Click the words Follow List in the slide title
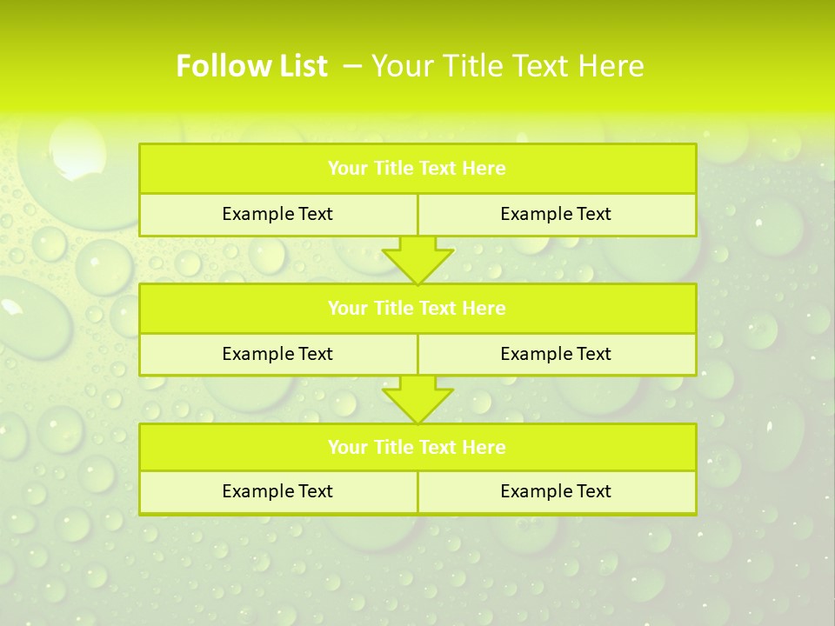pos(251,66)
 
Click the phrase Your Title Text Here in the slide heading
pos(508,66)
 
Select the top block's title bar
pos(417,169)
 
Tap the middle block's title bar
pos(417,308)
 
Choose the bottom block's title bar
pos(417,447)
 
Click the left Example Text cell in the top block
pos(277,214)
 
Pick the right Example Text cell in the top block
pos(556,214)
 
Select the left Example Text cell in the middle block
pos(277,354)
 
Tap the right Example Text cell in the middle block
pos(556,354)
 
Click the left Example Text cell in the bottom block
pos(277,491)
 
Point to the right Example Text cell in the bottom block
pos(556,491)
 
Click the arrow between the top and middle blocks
pos(417,259)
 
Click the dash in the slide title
pos(353,66)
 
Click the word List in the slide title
pos(298,66)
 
